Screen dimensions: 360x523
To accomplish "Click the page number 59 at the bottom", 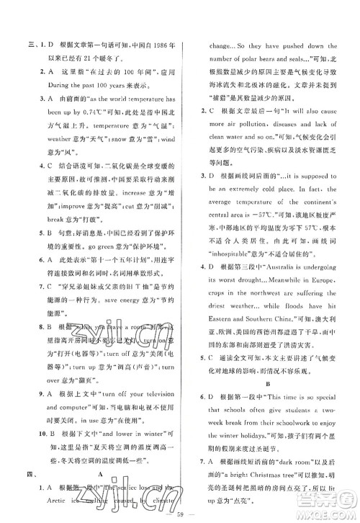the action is coord(181,514).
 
